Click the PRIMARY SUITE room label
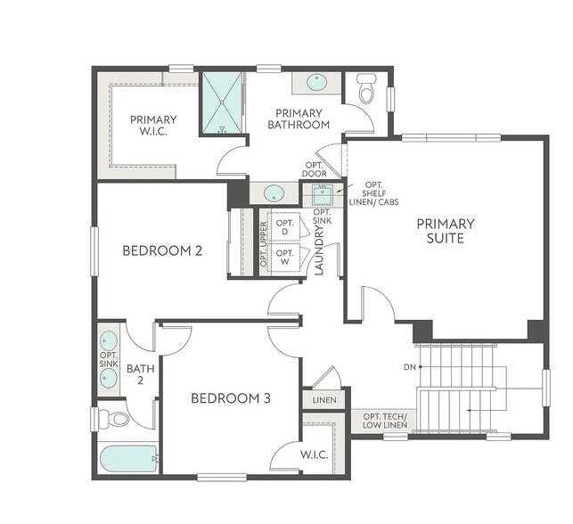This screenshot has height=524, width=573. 446,231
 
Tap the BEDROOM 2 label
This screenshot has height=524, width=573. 162,250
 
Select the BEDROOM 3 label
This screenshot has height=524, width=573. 230,398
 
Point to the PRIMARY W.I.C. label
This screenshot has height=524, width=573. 153,126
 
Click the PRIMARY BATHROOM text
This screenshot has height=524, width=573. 299,119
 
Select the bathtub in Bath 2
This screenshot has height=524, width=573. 128,460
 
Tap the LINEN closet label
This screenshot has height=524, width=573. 324,400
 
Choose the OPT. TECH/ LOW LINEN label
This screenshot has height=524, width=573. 385,422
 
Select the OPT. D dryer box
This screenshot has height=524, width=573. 285,227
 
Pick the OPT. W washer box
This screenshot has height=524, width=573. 285,258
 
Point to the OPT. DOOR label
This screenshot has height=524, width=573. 314,169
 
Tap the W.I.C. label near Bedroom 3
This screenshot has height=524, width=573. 313,455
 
